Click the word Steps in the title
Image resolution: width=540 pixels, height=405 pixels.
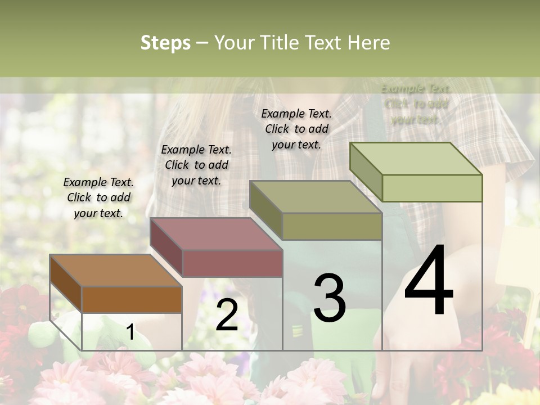point(165,43)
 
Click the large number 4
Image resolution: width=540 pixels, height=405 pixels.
point(429,281)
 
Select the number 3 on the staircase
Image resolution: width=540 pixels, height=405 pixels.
point(330,298)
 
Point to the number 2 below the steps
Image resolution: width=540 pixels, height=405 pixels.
point(227,315)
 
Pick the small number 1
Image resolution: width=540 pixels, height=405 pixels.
point(130,332)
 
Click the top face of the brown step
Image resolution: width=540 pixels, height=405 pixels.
point(115,271)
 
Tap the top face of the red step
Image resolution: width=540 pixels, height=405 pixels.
point(216,233)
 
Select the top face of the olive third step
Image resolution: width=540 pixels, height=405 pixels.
point(316,197)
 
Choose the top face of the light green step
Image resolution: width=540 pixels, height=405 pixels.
point(416,159)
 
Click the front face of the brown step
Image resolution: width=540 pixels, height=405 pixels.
point(132,300)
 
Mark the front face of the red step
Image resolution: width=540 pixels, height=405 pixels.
point(232,263)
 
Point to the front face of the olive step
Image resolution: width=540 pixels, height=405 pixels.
point(332,226)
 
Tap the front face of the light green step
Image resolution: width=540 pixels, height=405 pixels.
point(432,188)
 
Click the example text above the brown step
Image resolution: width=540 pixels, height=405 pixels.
point(98,197)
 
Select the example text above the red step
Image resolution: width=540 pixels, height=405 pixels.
point(196,165)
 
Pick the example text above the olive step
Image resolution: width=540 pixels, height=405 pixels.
point(296,129)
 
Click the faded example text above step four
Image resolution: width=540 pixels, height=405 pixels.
point(416,104)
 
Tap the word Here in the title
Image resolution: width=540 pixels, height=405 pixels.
point(369,43)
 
